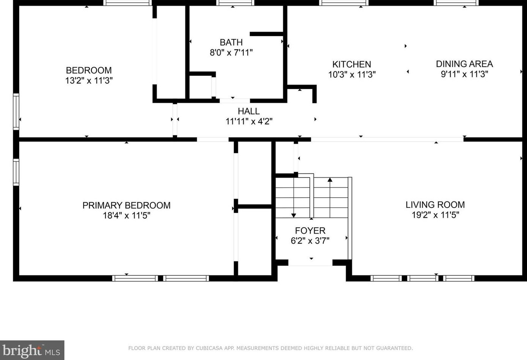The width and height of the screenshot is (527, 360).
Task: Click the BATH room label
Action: tap(231, 42)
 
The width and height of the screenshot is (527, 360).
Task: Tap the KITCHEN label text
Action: tap(352, 64)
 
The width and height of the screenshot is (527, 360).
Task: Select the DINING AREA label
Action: tap(464, 64)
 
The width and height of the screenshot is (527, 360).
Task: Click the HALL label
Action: tap(249, 111)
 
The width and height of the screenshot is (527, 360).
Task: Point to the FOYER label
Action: tap(310, 231)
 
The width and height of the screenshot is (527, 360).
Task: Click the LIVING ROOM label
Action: tap(435, 204)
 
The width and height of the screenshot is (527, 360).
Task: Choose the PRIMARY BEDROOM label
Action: tap(126, 205)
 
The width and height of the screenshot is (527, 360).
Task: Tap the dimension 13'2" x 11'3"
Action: tap(89, 80)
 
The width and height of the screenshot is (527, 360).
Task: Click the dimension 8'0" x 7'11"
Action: tap(231, 52)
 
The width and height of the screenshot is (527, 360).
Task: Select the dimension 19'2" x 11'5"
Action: tap(435, 215)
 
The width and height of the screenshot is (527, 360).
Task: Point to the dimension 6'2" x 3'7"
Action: tap(310, 241)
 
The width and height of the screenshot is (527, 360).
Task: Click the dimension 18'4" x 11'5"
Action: tap(126, 215)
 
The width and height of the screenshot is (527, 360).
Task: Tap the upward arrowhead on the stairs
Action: tap(330, 180)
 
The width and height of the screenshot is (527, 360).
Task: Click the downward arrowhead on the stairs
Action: tap(293, 215)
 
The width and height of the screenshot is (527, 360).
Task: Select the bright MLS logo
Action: tap(32, 351)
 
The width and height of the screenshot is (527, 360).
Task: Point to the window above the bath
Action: tap(235, 3)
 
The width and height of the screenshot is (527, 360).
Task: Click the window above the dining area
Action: tap(456, 3)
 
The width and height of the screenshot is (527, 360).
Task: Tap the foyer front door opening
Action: tap(310, 263)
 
